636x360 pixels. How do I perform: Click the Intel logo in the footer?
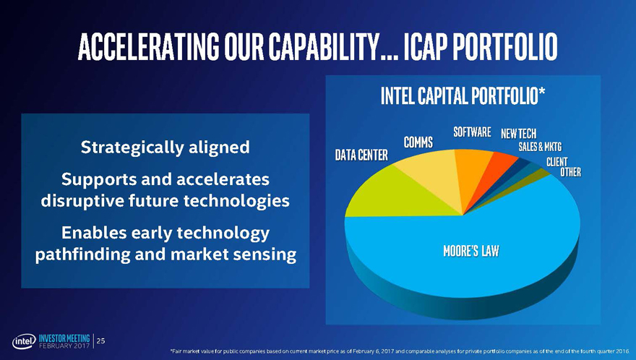(24, 341)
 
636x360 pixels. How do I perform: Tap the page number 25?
(101, 341)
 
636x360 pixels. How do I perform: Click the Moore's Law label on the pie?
(471, 252)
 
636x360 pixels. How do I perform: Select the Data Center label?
(361, 155)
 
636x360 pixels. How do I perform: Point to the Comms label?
(418, 142)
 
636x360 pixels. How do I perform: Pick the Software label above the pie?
(472, 132)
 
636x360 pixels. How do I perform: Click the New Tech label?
(518, 134)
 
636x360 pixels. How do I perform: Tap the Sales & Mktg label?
(540, 147)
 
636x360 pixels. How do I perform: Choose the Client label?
(557, 162)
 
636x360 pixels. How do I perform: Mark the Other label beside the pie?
(570, 172)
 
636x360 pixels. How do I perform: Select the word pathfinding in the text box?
(82, 254)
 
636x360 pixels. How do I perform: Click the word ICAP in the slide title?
(422, 47)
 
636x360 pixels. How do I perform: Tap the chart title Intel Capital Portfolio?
(463, 96)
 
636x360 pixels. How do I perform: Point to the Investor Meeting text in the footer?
(64, 338)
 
